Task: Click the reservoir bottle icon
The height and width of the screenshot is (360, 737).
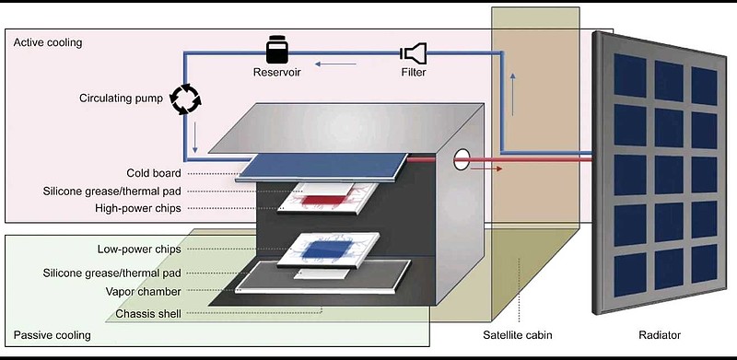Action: (276, 50)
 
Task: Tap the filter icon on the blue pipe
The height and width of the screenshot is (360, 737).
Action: (413, 53)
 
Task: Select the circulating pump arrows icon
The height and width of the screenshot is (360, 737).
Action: (185, 99)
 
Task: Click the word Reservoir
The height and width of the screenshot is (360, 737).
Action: (277, 73)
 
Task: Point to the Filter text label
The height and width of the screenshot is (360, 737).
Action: (414, 73)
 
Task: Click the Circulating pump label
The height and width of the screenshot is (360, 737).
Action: (121, 99)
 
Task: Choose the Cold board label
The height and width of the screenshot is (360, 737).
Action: (154, 173)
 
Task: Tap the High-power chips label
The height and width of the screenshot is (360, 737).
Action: (137, 208)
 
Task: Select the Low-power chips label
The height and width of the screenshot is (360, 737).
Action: (139, 249)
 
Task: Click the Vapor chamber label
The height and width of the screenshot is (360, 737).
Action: (144, 291)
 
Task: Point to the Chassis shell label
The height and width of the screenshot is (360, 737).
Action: (148, 313)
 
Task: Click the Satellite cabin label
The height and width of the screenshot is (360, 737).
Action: (518, 335)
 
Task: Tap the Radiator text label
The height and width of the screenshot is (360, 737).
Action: (660, 335)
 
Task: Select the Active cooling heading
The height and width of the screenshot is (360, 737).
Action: (48, 42)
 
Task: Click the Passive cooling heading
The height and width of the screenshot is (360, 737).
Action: (52, 335)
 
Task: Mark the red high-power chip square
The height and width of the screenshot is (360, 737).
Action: (322, 201)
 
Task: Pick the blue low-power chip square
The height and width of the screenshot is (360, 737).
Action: (329, 250)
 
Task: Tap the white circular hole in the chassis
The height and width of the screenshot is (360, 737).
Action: (462, 160)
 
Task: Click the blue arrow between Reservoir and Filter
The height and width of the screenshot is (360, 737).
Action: (335, 64)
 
